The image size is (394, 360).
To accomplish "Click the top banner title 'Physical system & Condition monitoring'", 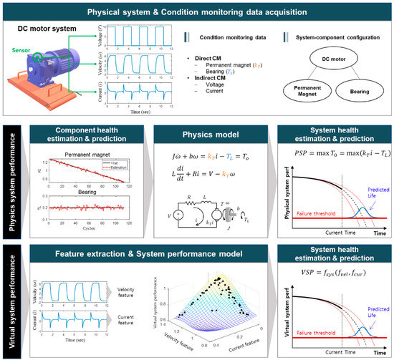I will pyautogui.click(x=197, y=11).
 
